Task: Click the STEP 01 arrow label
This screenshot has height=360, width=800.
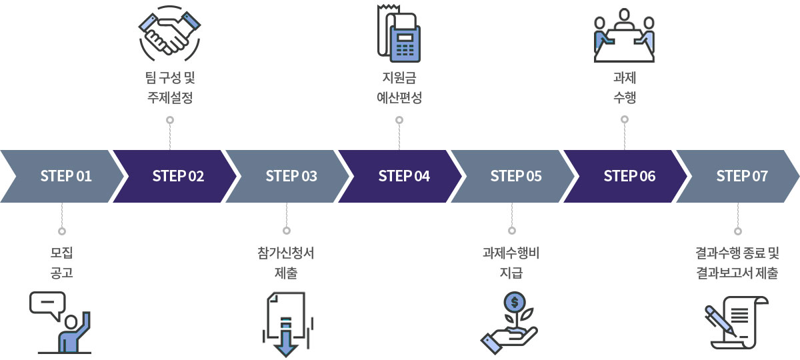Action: click(65, 176)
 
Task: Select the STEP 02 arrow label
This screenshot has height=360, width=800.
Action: click(178, 176)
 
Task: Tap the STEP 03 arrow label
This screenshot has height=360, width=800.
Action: click(291, 176)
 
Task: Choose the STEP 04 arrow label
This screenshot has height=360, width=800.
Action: click(404, 176)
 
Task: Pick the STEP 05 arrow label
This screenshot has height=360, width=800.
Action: click(516, 176)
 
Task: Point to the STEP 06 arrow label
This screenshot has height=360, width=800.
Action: click(629, 176)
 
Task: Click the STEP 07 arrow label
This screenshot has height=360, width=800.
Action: click(741, 176)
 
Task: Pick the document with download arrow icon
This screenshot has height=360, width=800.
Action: click(287, 324)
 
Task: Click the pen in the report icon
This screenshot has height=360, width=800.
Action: click(720, 320)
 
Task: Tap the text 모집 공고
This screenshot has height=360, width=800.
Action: click(61, 263)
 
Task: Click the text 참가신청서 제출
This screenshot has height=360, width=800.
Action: click(286, 263)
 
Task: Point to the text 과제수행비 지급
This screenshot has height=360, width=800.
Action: click(511, 263)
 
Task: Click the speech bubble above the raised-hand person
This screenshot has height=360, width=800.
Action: click(47, 304)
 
